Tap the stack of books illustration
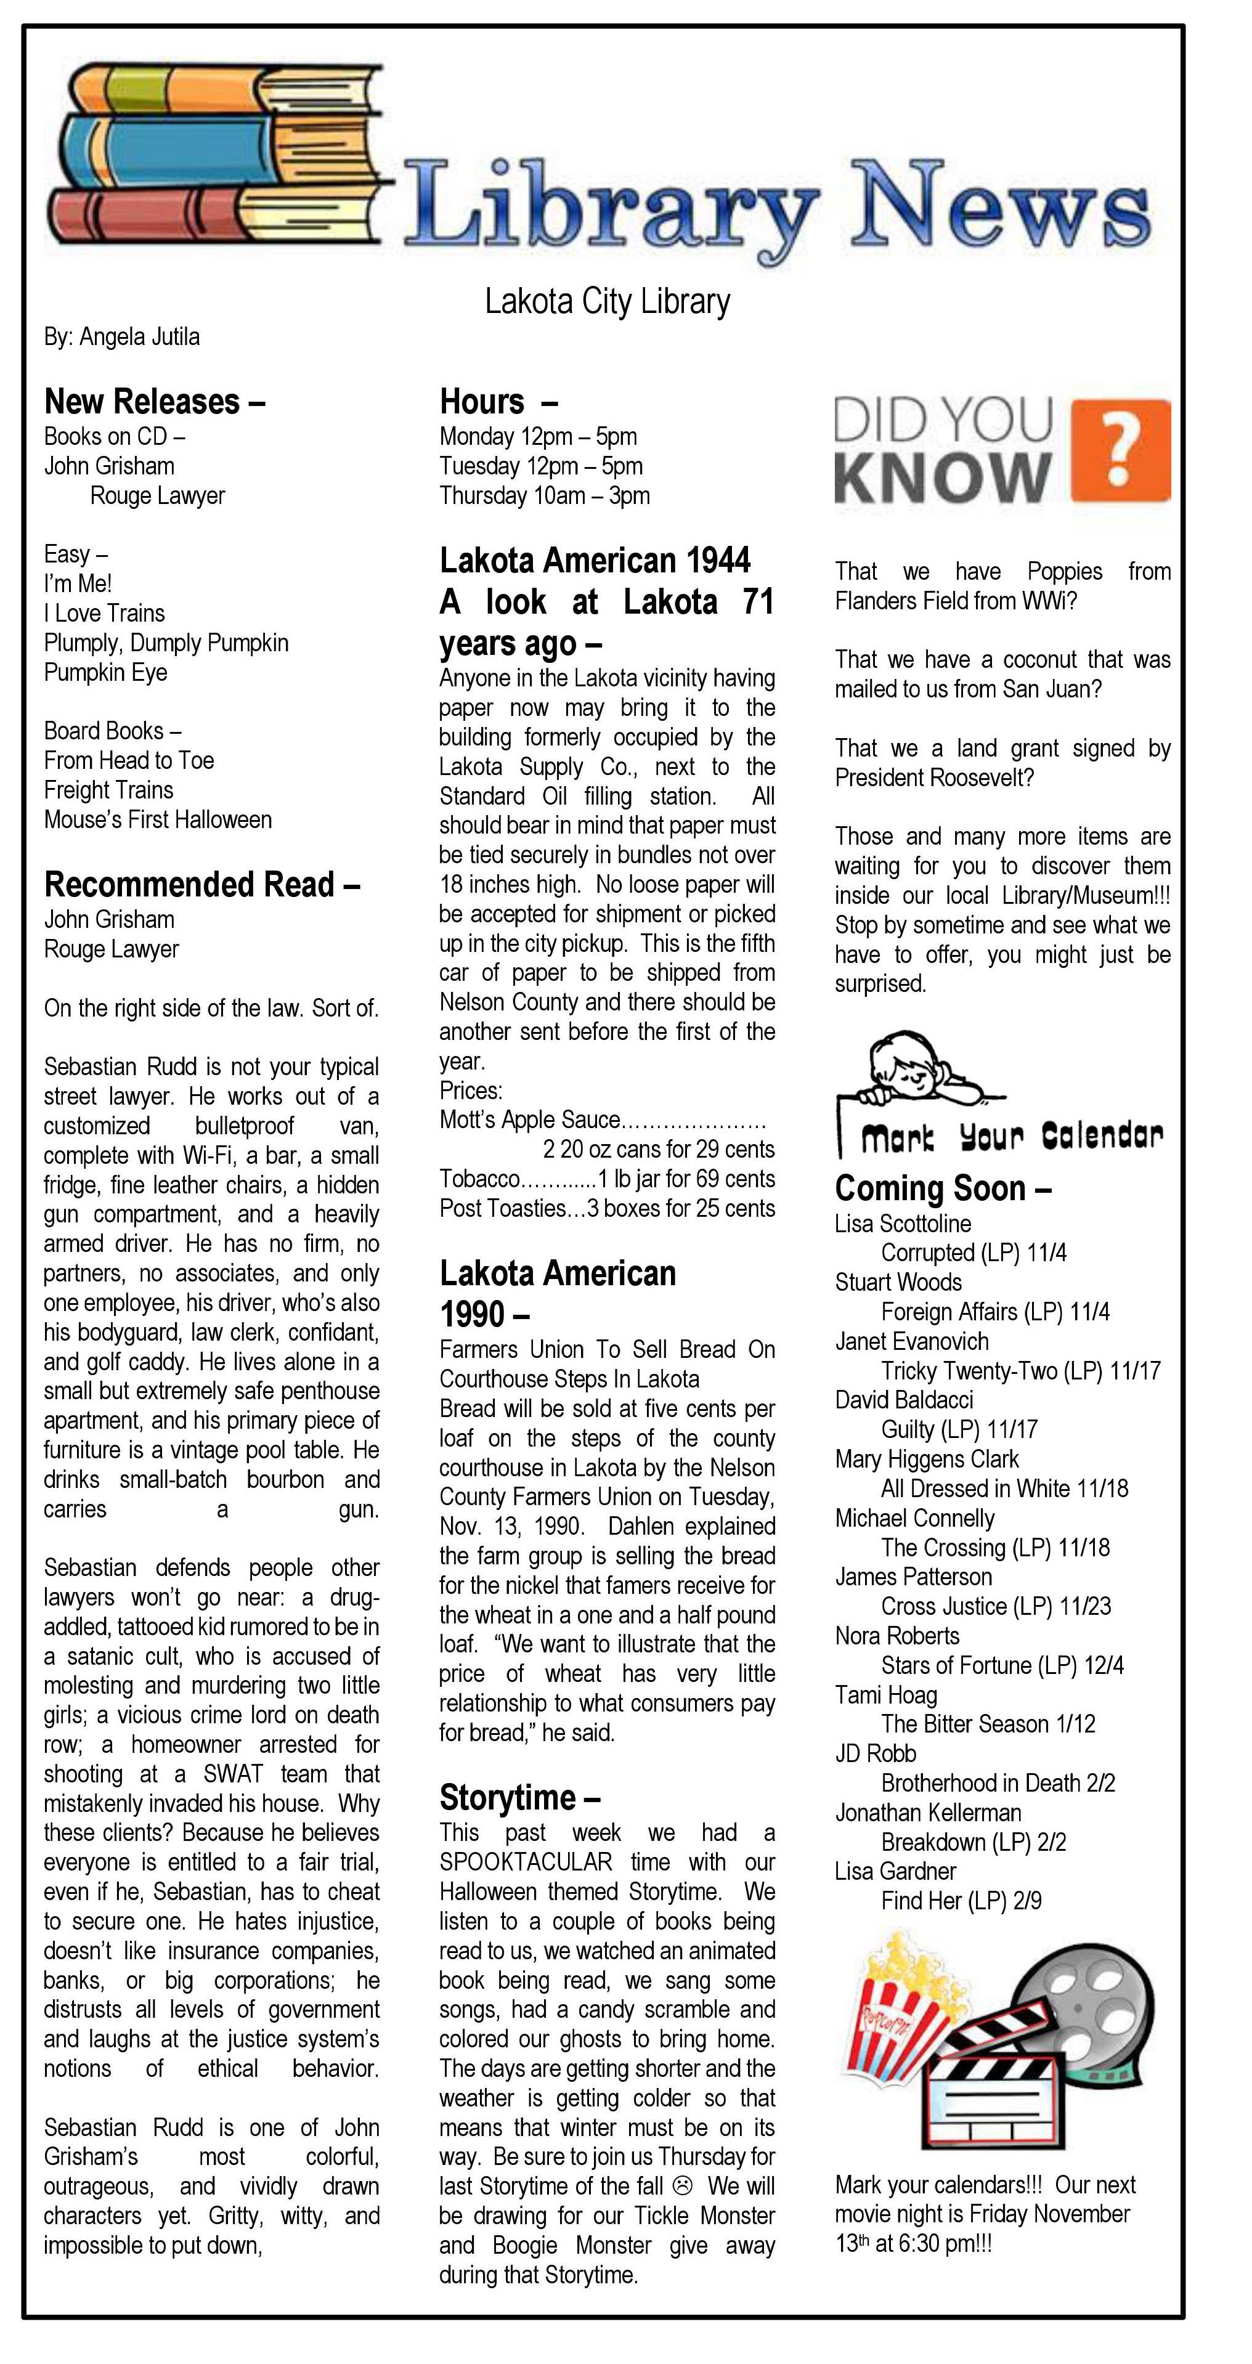coord(216,156)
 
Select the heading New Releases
coord(154,402)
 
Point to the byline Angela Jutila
coord(121,337)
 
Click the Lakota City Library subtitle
coord(607,301)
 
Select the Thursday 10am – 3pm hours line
coord(544,495)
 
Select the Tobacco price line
coord(607,1179)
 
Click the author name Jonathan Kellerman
coord(927,1813)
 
